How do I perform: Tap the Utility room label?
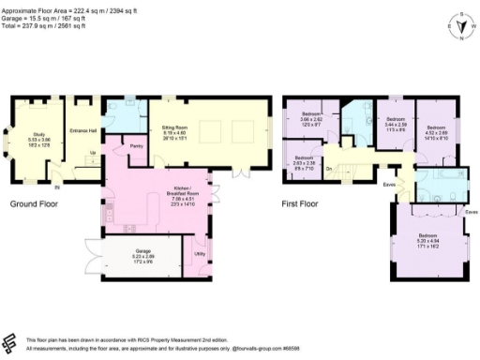click(x=200, y=254)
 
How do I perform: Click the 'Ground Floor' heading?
click(x=37, y=203)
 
